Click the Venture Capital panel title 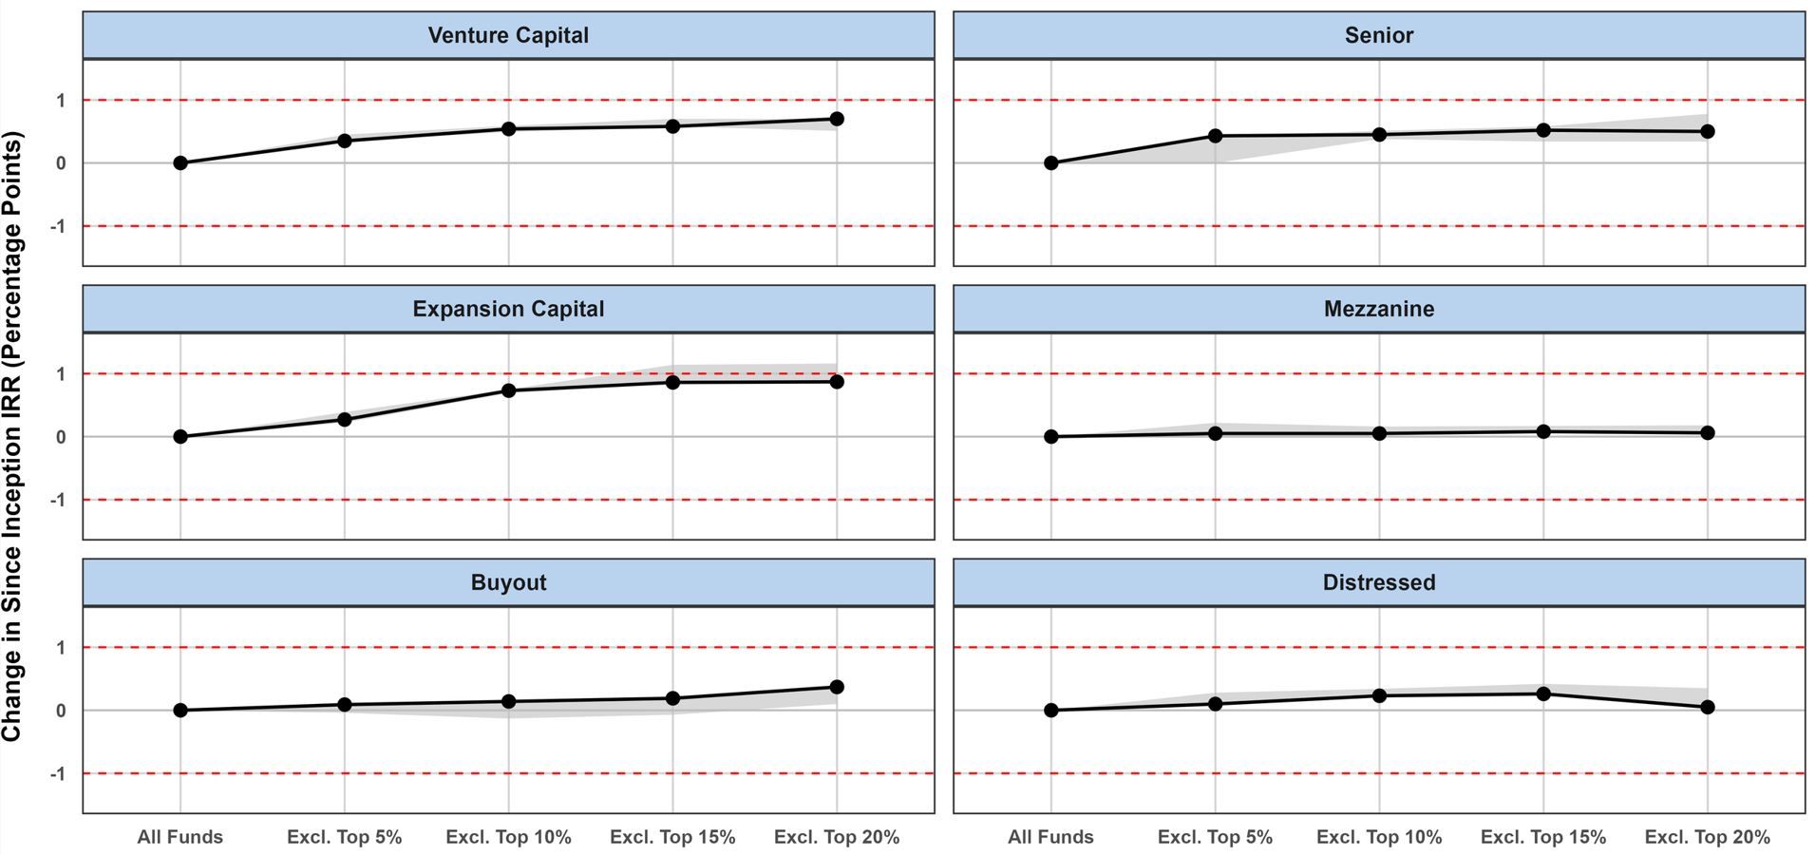(508, 35)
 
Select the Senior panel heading (1378, 35)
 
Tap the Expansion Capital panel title (508, 309)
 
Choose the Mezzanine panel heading (1378, 309)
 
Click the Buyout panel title (508, 582)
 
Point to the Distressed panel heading (1378, 582)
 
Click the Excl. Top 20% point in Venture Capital (837, 119)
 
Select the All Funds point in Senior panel (1050, 163)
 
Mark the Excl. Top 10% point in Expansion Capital (508, 390)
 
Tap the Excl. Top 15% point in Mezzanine (1543, 431)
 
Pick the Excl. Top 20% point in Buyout (837, 687)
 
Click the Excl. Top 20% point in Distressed (1708, 707)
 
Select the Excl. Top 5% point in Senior (1215, 136)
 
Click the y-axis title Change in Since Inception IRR (11, 437)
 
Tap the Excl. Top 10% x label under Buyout (508, 837)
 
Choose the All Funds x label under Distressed (1050, 837)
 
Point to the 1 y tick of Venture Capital (61, 101)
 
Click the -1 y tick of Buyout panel (58, 773)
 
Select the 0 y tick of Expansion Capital (61, 437)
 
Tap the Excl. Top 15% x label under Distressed (1543, 837)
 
